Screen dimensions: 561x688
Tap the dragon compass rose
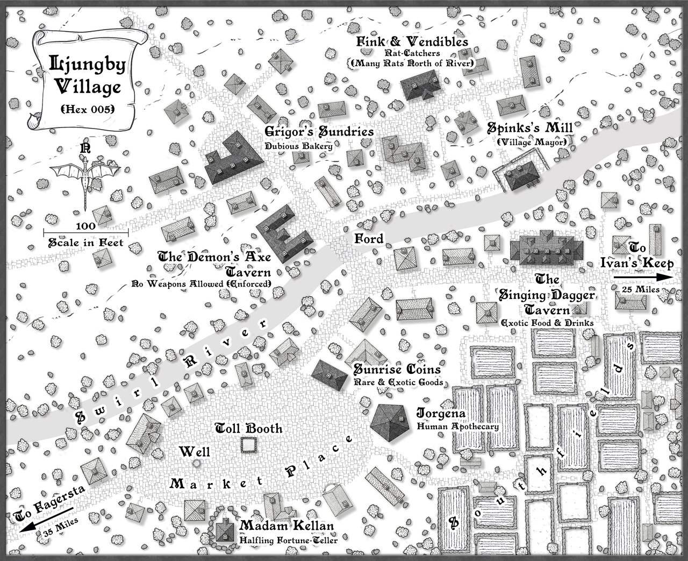pyautogui.click(x=84, y=172)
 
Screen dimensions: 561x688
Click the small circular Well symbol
pyautogui.click(x=196, y=462)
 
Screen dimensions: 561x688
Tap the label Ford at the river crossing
pyautogui.click(x=368, y=238)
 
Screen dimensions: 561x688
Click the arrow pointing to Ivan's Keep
pyautogui.click(x=642, y=276)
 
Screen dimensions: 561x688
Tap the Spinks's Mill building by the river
pyautogui.click(x=517, y=175)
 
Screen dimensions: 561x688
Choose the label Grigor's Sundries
pyautogui.click(x=319, y=132)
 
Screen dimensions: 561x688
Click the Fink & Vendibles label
pyautogui.click(x=412, y=42)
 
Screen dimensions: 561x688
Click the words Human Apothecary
pyautogui.click(x=457, y=427)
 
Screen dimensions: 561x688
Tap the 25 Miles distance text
pyautogui.click(x=637, y=290)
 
